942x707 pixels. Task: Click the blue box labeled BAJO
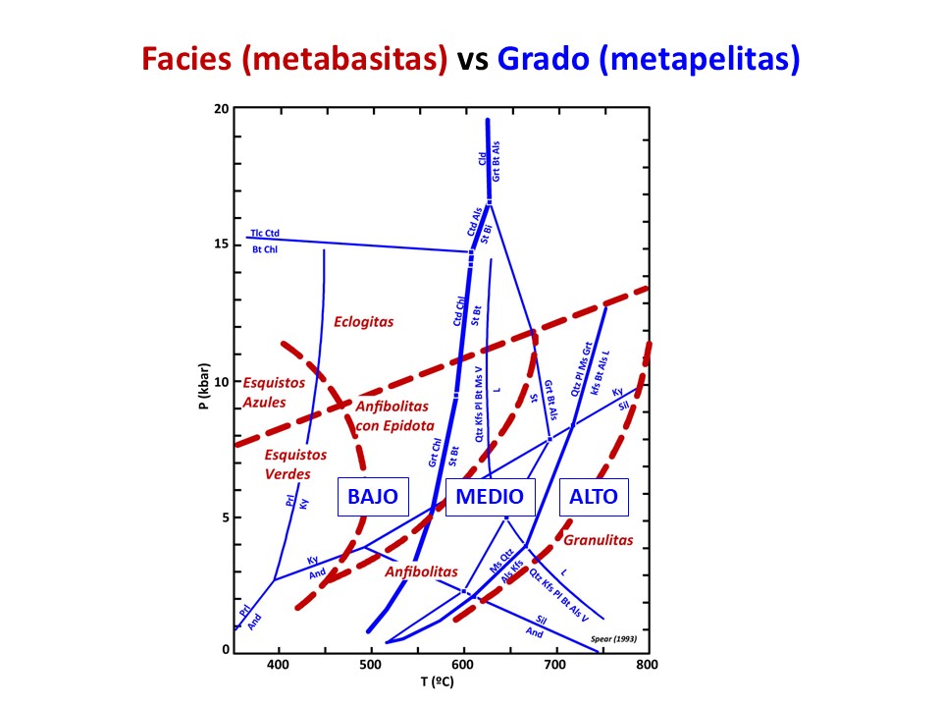pyautogui.click(x=373, y=497)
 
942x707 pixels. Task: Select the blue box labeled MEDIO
pyautogui.click(x=491, y=497)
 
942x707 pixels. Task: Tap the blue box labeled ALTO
pyautogui.click(x=594, y=497)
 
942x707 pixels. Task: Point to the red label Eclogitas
pyautogui.click(x=363, y=321)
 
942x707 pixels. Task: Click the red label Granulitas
pyautogui.click(x=599, y=540)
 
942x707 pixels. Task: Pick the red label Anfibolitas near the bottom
pyautogui.click(x=422, y=571)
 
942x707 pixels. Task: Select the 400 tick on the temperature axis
pyautogui.click(x=280, y=665)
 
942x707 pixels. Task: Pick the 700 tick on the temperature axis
pyautogui.click(x=555, y=665)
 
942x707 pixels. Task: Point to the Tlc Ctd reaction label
pyautogui.click(x=265, y=233)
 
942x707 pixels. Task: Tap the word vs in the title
pyautogui.click(x=474, y=61)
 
